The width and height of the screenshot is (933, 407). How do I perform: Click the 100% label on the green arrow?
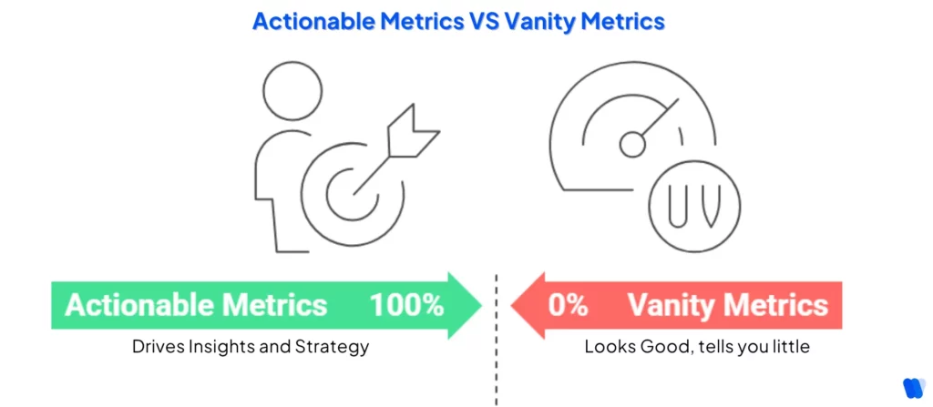pyautogui.click(x=406, y=304)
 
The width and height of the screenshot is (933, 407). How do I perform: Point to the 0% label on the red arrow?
pyautogui.click(x=567, y=304)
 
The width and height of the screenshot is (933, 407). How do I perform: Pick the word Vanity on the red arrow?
pyautogui.click(x=664, y=304)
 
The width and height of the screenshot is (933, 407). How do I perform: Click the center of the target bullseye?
pyautogui.click(x=347, y=197)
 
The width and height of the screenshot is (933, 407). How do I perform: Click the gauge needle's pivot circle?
pyautogui.click(x=632, y=144)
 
